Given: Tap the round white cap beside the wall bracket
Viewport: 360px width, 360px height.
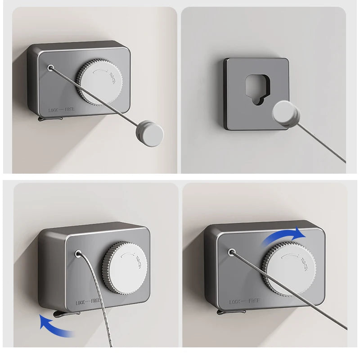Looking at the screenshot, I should (287, 112).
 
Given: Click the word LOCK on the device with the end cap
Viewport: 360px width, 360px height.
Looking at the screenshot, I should (55, 109).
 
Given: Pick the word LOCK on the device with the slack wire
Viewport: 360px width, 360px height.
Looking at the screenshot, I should (81, 302).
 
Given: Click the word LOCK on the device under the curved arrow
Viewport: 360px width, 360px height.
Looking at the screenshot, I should (237, 301).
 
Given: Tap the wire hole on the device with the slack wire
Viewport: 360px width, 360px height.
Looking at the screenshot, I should (78, 254).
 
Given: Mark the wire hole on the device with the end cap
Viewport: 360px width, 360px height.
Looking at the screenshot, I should (50, 68).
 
